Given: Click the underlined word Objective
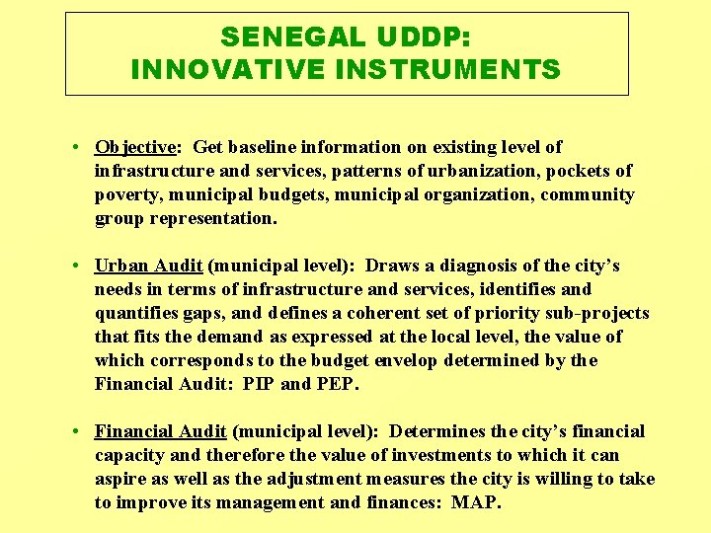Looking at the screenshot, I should click(x=135, y=147).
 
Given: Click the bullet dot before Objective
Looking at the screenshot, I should click(x=76, y=147).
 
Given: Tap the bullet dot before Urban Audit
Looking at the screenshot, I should click(x=76, y=266).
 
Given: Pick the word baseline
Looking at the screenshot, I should click(x=260, y=147).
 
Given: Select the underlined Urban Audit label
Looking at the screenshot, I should click(x=148, y=266).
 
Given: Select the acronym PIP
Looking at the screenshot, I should click(x=259, y=384).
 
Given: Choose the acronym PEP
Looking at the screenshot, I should click(x=337, y=384).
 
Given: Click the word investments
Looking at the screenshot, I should click(x=440, y=455).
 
